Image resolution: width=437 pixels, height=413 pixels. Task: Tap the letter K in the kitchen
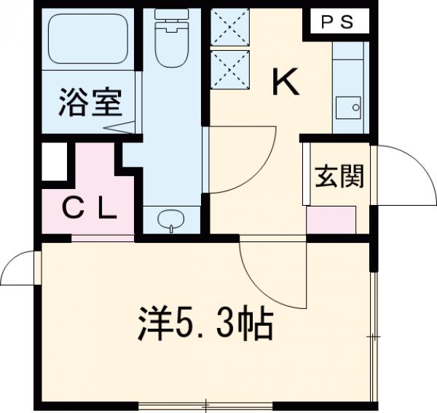[x=286, y=82]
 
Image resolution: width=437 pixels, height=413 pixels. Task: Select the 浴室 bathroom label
[x=90, y=104]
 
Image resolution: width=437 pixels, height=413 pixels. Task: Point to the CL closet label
[x=88, y=210]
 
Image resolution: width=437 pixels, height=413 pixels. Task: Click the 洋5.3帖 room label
[x=205, y=326]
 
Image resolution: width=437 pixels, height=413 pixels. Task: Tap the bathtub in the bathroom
[x=89, y=39]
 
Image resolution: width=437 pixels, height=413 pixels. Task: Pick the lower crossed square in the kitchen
[x=229, y=66]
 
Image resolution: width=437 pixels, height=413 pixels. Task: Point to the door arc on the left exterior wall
[x=19, y=268]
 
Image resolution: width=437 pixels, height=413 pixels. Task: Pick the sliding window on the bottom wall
[x=206, y=404]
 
